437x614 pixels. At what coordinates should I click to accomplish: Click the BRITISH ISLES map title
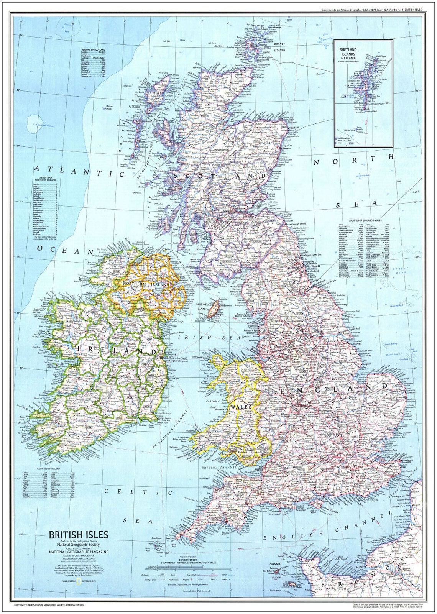pyautogui.click(x=78, y=535)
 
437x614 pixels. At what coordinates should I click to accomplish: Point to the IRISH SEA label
pyautogui.click(x=195, y=338)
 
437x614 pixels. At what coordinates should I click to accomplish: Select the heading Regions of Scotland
pyautogui.click(x=93, y=50)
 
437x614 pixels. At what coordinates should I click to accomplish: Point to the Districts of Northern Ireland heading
pyautogui.click(x=46, y=179)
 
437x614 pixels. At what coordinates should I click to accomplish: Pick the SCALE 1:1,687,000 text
pyautogui.click(x=186, y=560)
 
